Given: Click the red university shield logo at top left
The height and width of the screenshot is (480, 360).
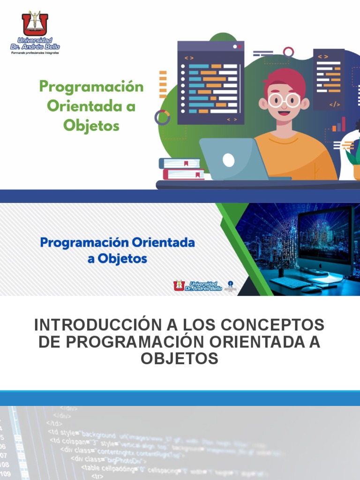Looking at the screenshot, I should (35, 24).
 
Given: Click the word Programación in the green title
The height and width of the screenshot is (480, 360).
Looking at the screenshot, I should (91, 87).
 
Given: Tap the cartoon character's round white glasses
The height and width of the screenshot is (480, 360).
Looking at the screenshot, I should (284, 100).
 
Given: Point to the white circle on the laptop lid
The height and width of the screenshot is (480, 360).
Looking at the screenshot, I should (228, 160).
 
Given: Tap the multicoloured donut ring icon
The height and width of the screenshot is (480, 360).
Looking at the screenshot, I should (162, 117).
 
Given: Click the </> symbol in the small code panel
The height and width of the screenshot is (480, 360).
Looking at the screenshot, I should (335, 105).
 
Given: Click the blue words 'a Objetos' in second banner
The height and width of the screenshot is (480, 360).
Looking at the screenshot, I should (117, 259).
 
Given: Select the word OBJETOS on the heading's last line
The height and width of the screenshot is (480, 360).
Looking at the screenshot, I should (180, 359).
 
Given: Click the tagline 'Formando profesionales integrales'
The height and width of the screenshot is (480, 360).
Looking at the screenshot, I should (35, 53).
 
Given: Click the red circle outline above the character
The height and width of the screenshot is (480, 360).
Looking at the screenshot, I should (288, 52).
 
